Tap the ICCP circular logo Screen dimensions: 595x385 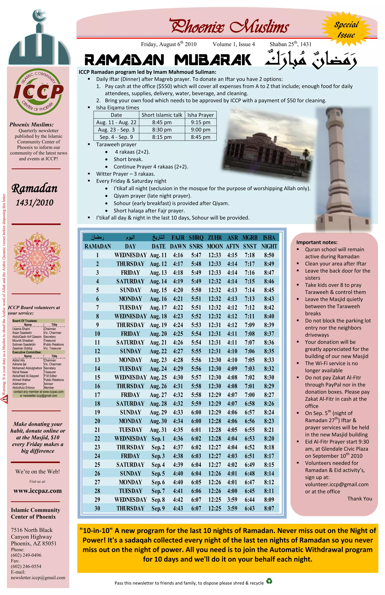point(38,92)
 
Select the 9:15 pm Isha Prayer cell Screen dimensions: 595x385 point(201,122)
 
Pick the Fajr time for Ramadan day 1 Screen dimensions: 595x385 point(178,255)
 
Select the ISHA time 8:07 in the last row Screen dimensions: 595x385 point(269,508)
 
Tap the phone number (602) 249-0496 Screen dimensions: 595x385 point(26,555)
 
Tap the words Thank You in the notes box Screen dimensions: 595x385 point(359,499)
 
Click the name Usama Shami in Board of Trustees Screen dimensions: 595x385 point(21,329)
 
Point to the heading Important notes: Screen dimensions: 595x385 point(317,242)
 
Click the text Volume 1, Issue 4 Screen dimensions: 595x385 point(233,44)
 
